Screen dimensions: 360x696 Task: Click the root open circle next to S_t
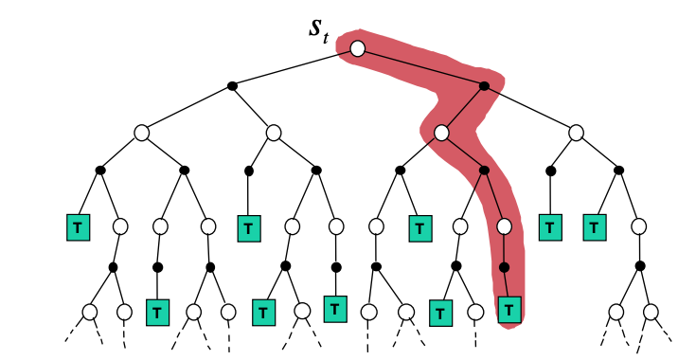click(357, 48)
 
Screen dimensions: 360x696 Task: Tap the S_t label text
click(319, 28)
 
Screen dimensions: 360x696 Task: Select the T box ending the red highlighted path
click(509, 308)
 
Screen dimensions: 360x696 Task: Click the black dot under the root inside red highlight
click(484, 86)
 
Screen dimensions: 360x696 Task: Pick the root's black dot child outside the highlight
click(232, 86)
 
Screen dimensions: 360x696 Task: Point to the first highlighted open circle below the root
click(441, 134)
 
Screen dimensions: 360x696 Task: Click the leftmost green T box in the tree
click(78, 227)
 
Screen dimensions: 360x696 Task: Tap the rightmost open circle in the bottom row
click(651, 311)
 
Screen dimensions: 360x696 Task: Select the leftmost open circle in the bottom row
click(90, 311)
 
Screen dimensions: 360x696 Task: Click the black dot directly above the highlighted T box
click(504, 267)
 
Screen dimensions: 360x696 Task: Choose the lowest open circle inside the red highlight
click(504, 226)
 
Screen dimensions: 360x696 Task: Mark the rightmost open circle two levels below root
click(577, 134)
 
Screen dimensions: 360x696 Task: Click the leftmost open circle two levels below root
click(141, 134)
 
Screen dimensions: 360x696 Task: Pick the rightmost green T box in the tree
click(594, 227)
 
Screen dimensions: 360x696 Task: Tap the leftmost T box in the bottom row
click(156, 311)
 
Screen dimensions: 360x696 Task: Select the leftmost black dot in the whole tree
click(99, 171)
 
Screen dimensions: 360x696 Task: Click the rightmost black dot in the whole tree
click(640, 267)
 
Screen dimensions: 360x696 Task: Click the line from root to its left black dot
click(294, 67)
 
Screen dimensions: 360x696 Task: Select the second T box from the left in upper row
click(248, 227)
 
